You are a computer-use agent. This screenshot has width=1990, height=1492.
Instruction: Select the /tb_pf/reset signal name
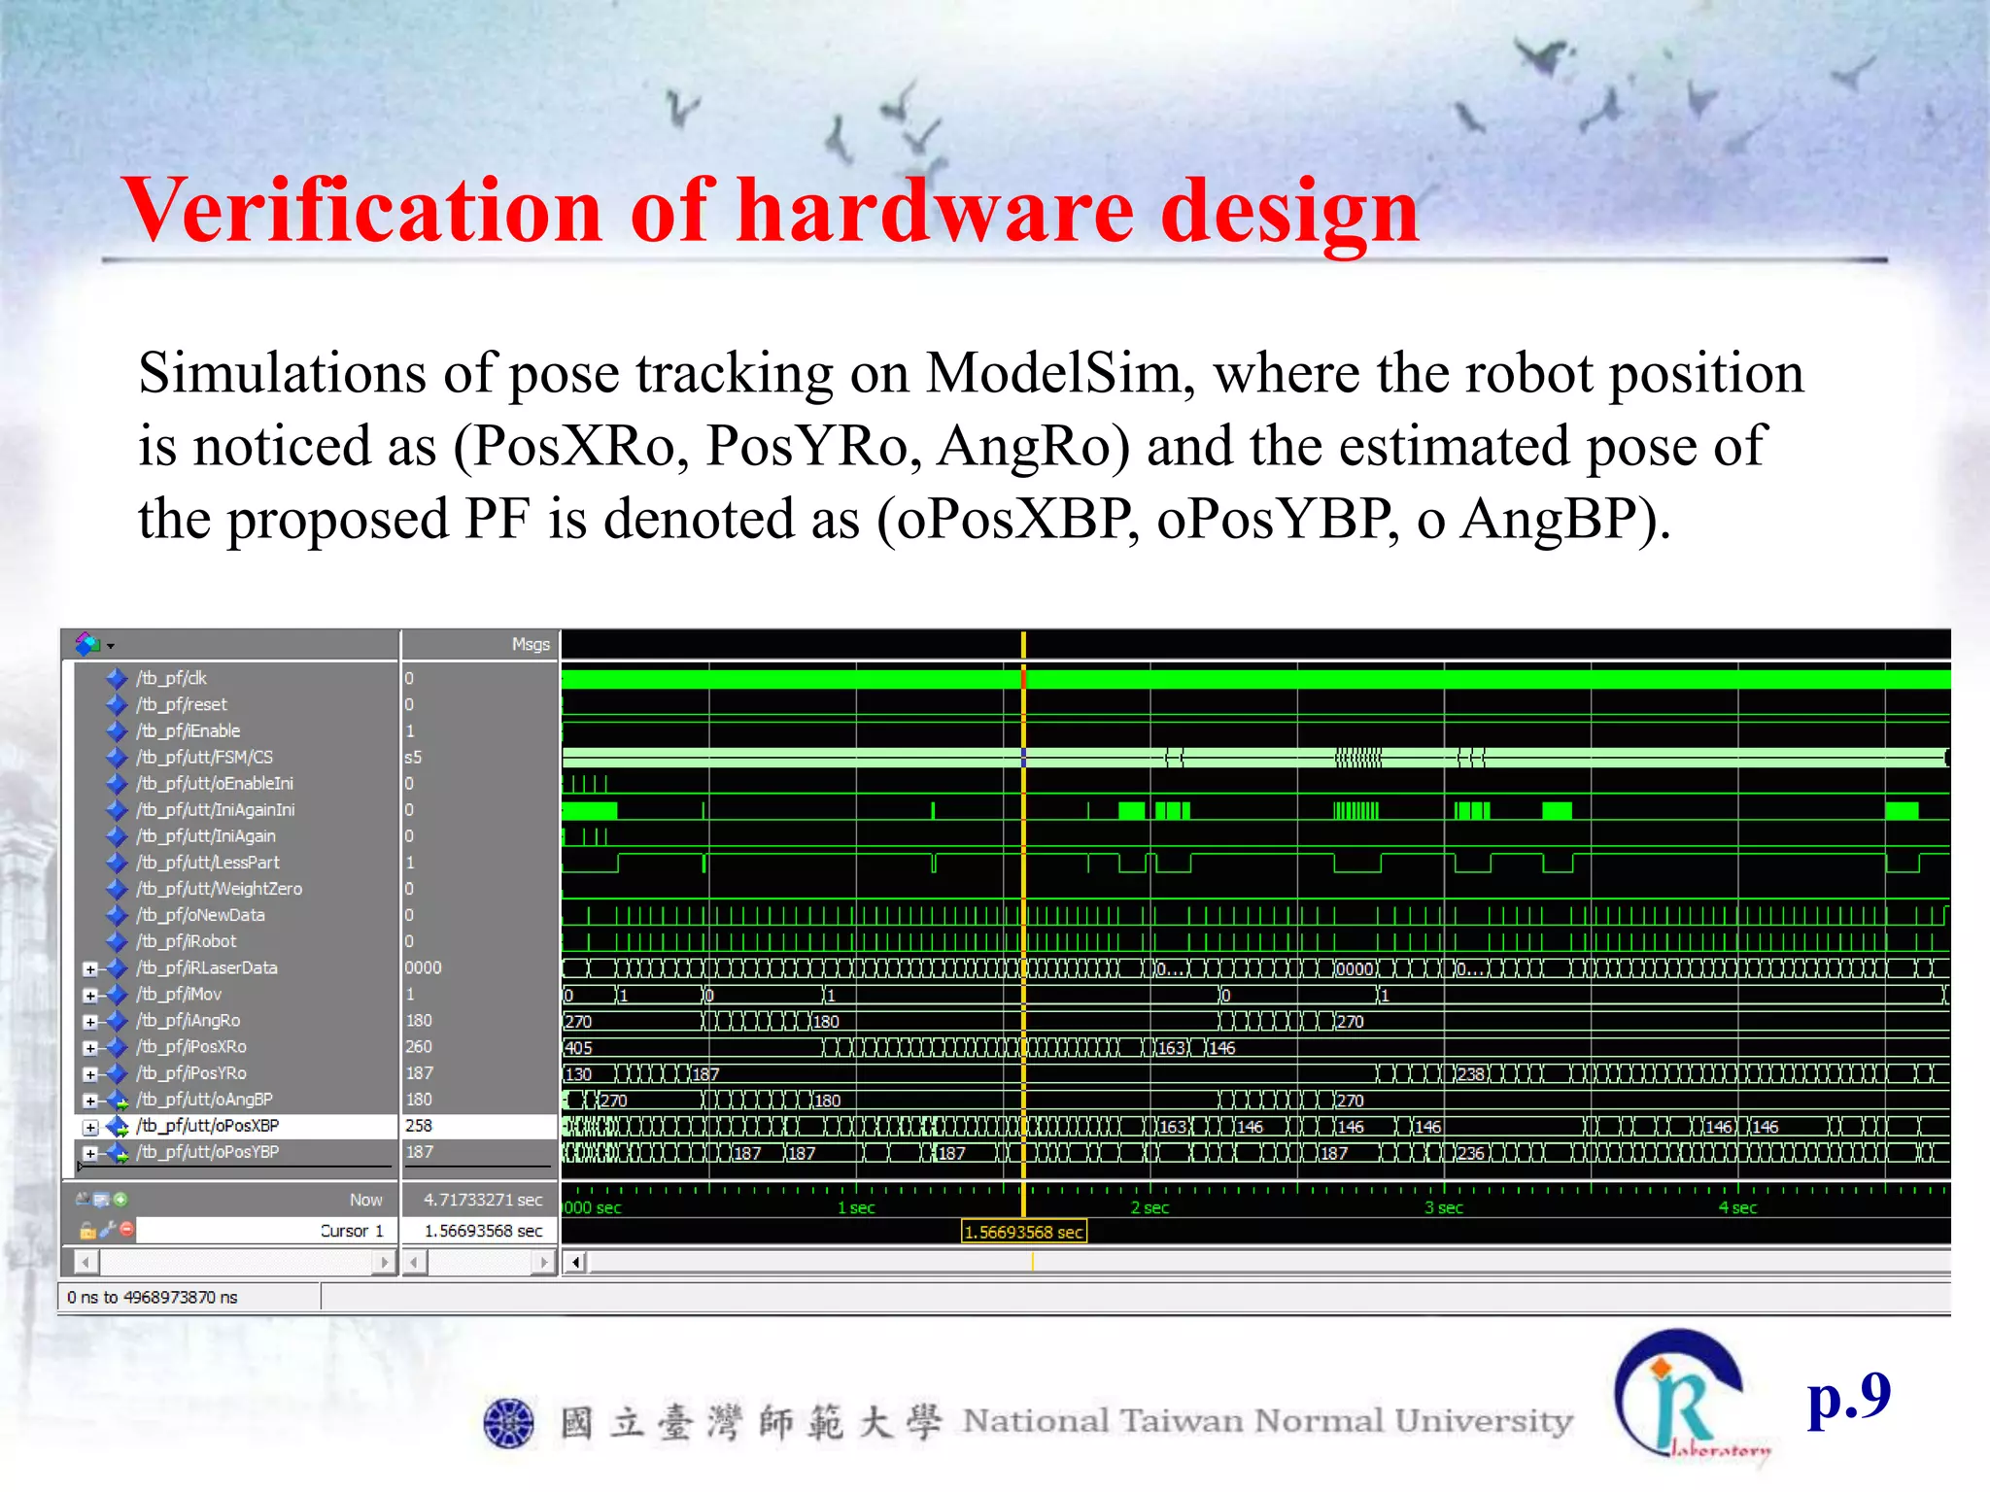[182, 704]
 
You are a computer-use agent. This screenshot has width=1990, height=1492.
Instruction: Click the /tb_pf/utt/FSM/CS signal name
[204, 757]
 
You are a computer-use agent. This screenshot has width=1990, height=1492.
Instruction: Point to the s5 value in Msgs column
[413, 757]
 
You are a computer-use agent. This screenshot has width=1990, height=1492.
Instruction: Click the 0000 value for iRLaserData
[423, 967]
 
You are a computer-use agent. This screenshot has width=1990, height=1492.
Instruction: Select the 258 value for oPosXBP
[419, 1126]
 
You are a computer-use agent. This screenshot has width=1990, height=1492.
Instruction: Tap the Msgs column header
[531, 644]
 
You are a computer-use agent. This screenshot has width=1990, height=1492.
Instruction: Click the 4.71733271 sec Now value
[483, 1201]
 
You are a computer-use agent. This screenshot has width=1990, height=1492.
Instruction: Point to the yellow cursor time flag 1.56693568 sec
[1023, 1233]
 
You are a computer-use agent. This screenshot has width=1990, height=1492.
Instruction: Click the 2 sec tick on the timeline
[1149, 1208]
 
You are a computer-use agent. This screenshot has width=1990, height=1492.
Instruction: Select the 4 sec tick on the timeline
[1737, 1208]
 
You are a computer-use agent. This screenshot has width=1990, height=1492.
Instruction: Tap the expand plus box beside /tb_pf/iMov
[90, 995]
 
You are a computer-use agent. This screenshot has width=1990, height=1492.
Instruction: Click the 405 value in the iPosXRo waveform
[578, 1048]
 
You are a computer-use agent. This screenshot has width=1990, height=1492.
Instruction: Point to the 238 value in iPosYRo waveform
[1470, 1074]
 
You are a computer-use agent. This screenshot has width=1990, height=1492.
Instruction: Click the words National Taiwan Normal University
[1267, 1421]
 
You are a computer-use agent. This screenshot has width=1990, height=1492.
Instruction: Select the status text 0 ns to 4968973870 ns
[153, 1298]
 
